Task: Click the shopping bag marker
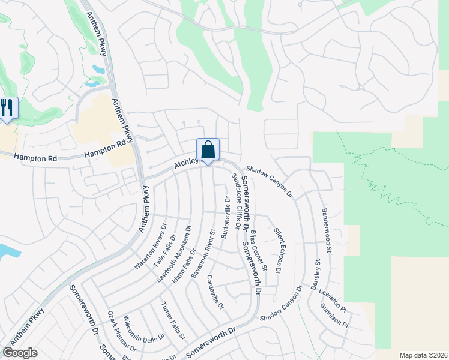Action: click(x=208, y=149)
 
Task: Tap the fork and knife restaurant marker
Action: click(x=7, y=109)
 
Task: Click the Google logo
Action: click(x=20, y=353)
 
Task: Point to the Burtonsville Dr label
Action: click(x=224, y=218)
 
